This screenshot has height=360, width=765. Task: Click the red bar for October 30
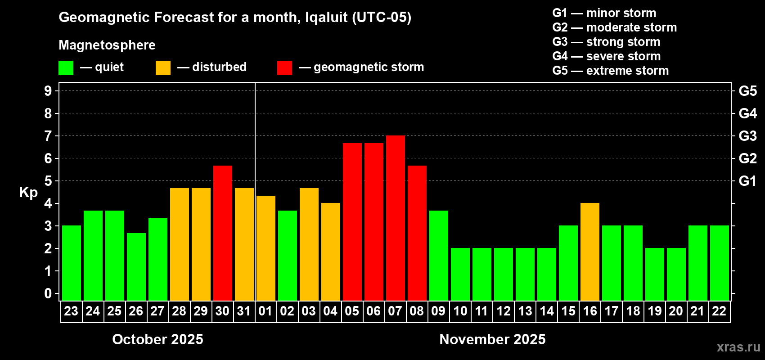tap(223, 233)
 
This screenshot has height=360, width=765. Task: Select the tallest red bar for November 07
tap(396, 218)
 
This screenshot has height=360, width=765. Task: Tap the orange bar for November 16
tap(590, 252)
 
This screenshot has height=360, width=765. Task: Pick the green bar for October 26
tap(136, 267)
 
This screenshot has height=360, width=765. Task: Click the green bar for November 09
tap(439, 256)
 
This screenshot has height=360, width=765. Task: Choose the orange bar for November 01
tap(266, 248)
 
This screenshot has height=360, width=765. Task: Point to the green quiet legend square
tap(66, 68)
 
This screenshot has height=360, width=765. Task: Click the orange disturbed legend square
tap(163, 68)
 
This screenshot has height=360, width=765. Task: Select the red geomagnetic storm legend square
tap(284, 68)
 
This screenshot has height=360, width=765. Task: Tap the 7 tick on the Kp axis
tap(48, 136)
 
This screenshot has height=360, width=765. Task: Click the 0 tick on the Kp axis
tap(48, 294)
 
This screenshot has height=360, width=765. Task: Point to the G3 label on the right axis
tap(747, 136)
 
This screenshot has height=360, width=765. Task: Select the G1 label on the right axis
tap(747, 181)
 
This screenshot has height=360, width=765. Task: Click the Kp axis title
tap(28, 193)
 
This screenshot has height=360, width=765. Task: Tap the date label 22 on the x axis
tap(719, 311)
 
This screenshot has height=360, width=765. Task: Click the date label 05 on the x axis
tap(352, 311)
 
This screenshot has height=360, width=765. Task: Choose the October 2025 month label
tap(157, 339)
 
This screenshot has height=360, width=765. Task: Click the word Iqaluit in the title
tap(326, 18)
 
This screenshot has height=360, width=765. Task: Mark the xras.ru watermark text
tap(738, 347)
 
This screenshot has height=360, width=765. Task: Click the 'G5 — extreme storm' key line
tap(611, 71)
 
